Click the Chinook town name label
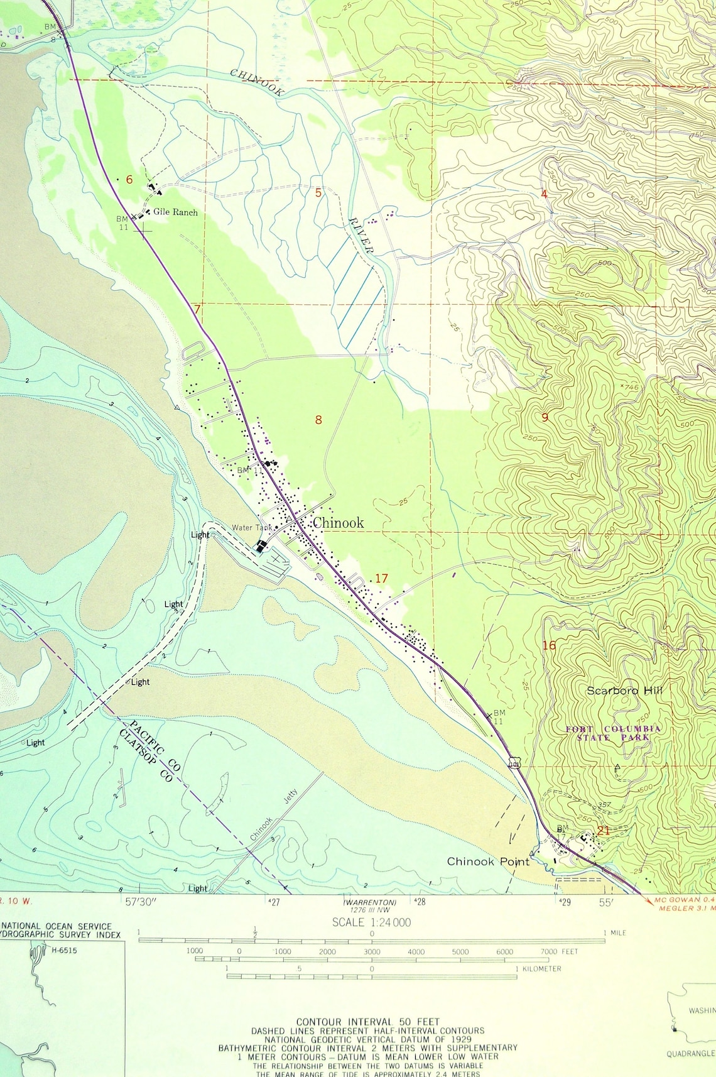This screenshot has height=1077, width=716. [x=338, y=523]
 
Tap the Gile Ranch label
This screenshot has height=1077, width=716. [x=175, y=212]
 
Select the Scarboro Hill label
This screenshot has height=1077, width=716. [x=624, y=691]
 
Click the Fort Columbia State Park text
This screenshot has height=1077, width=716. [x=613, y=733]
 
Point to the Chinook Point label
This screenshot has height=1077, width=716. [x=488, y=861]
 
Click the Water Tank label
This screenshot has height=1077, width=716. [x=252, y=528]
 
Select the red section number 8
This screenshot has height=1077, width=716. [x=318, y=420]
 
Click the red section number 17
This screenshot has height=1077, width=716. [x=381, y=578]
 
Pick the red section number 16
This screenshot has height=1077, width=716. [x=548, y=645]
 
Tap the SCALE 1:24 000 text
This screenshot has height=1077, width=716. [x=371, y=922]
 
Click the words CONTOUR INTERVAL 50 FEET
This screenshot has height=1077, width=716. [x=368, y=1022]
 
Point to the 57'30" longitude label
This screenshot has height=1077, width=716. [x=140, y=902]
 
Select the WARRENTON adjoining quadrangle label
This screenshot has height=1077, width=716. [x=370, y=903]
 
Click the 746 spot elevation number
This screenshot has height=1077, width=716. [x=630, y=388]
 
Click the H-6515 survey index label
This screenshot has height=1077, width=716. [x=64, y=950]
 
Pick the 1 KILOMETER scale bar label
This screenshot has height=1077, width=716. [x=538, y=969]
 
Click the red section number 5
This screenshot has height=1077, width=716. [x=318, y=193]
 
